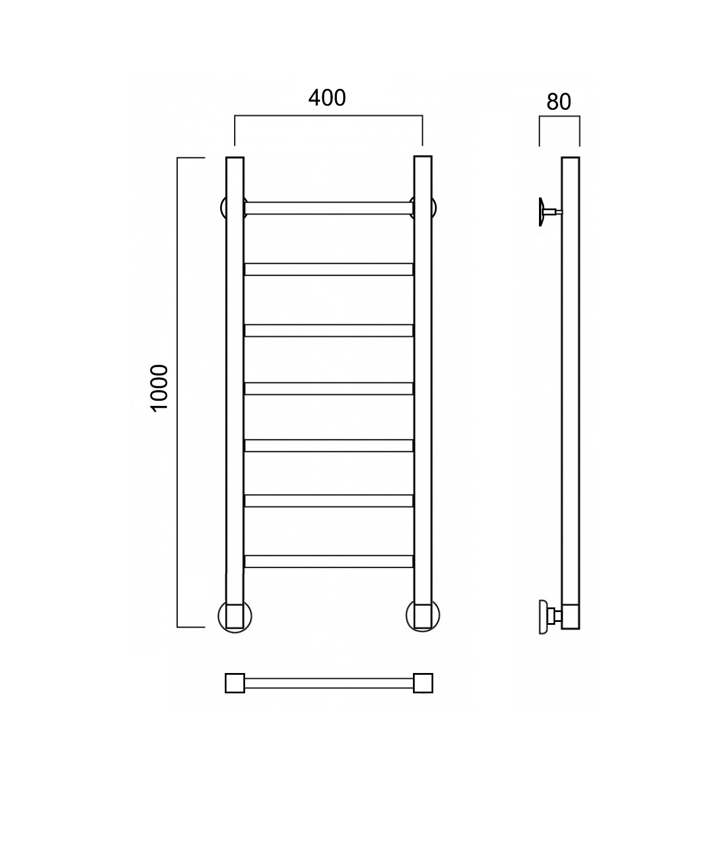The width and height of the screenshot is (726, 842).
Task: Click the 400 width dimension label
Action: [327, 98]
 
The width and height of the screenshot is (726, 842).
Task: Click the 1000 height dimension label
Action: [159, 388]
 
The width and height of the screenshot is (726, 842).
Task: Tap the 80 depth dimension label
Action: [559, 102]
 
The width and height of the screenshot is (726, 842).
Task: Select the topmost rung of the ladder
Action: [329, 208]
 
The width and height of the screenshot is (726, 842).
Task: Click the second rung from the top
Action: [329, 269]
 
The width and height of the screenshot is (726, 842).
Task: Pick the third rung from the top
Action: [329, 330]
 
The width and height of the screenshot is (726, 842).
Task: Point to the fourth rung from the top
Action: [329, 388]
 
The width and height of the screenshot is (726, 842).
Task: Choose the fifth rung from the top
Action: [329, 445]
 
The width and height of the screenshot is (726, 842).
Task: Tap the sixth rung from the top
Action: [329, 501]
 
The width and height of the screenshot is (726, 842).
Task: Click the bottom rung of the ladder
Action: [329, 562]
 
